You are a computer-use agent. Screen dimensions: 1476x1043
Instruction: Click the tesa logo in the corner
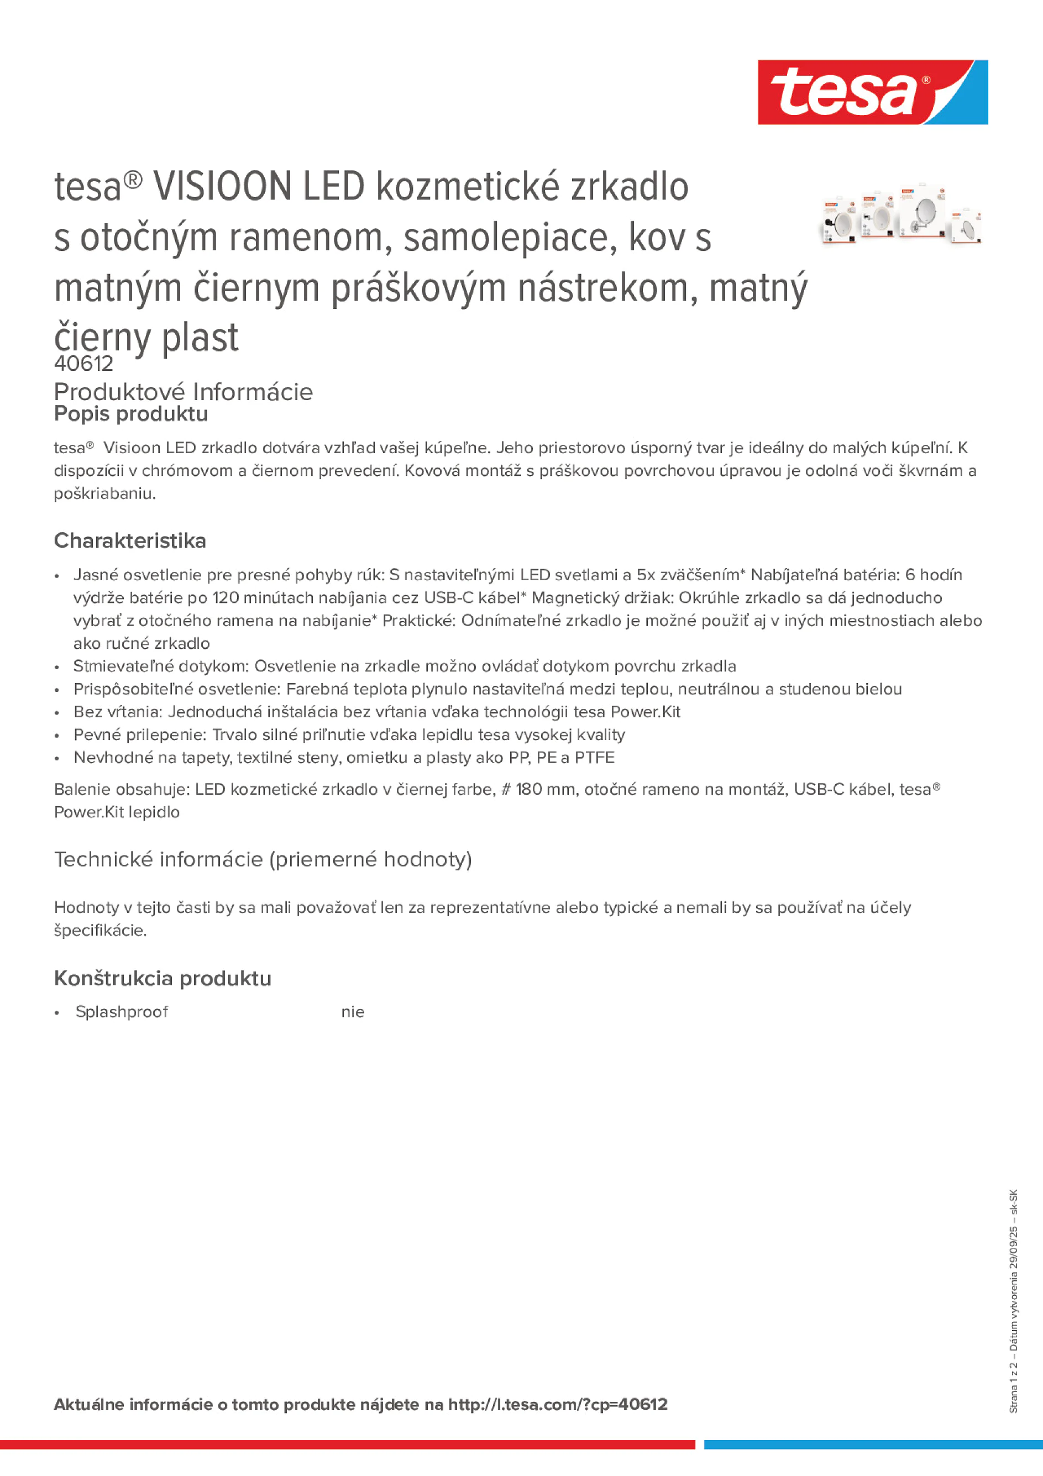point(872,92)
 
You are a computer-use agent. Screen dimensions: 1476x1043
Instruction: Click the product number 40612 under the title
point(83,364)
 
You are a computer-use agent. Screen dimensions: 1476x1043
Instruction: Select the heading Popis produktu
point(130,414)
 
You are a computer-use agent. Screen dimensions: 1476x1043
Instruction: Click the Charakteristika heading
point(130,540)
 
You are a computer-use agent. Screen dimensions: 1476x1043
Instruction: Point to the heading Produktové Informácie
point(184,391)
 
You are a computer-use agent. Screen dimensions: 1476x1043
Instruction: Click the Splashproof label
point(122,1012)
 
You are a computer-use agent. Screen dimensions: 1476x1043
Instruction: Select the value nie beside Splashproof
point(353,1012)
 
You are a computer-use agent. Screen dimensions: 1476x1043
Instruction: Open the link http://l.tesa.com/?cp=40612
point(558,1404)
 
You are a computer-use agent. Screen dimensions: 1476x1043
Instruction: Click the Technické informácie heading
point(263,859)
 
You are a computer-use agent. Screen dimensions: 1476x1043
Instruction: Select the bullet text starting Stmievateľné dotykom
point(405,666)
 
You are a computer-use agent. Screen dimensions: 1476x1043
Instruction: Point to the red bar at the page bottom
point(347,1445)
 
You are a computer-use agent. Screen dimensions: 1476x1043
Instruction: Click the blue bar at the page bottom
point(873,1445)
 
